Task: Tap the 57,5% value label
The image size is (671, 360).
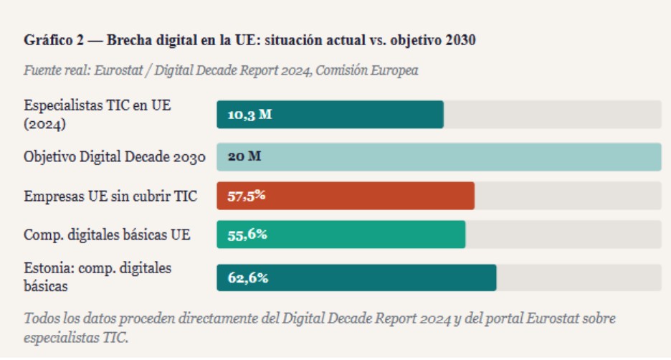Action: coord(247,196)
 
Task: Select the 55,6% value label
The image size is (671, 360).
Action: coord(247,235)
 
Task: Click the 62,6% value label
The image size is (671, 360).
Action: coord(248,278)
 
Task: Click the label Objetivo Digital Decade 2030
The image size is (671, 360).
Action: coord(115,157)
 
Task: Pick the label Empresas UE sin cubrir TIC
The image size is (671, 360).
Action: coord(110,196)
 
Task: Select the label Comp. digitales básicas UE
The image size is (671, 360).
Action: coord(107,235)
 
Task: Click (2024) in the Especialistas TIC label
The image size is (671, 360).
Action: coord(45,123)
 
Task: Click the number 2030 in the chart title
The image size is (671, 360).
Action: coord(460,40)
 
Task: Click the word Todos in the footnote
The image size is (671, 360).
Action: coord(40,318)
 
